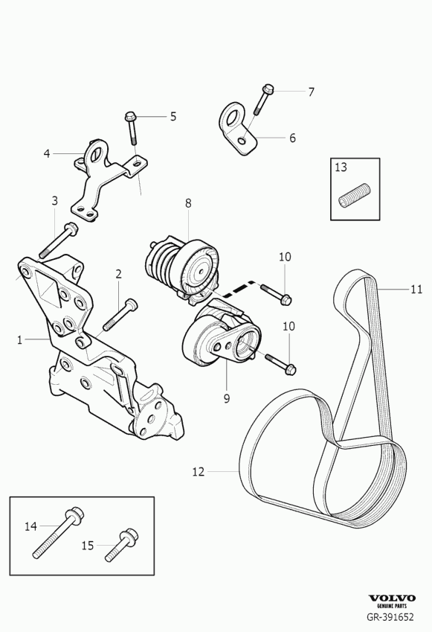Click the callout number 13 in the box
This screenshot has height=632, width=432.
(341, 167)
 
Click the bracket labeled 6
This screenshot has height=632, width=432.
(239, 129)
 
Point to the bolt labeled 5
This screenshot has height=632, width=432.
(132, 127)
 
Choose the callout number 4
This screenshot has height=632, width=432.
(47, 153)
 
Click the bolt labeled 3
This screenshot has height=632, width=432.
(58, 240)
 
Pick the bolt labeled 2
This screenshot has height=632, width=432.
(120, 314)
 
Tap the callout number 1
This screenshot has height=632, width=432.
(19, 339)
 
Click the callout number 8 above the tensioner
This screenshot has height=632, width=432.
(188, 203)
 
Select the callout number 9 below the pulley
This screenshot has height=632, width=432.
(227, 398)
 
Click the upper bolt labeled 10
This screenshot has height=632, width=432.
(276, 294)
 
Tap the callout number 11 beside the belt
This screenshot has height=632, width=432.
(416, 290)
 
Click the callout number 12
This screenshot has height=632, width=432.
(198, 472)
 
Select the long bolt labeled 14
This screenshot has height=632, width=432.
(58, 532)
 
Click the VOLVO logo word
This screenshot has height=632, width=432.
(392, 598)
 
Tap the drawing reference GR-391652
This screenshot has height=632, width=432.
(390, 616)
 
